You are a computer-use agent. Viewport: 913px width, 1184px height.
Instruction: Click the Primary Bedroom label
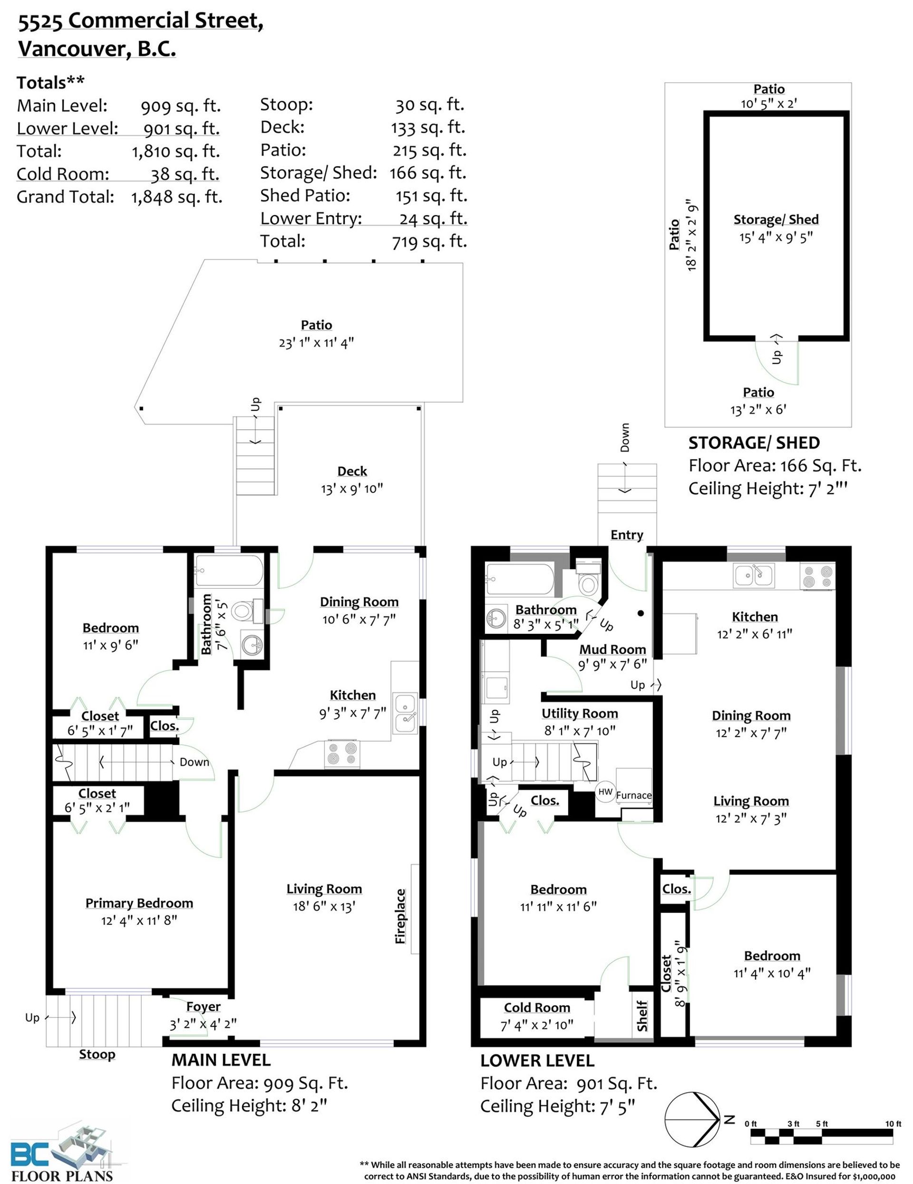pyautogui.click(x=139, y=903)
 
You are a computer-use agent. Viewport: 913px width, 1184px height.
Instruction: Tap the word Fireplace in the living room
pyautogui.click(x=400, y=916)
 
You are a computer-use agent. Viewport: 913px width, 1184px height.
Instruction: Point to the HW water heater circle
pyautogui.click(x=605, y=791)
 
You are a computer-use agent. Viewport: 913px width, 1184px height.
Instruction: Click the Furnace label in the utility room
pyautogui.click(x=633, y=795)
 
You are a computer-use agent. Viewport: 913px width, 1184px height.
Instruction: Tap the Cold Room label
pyautogui.click(x=537, y=1007)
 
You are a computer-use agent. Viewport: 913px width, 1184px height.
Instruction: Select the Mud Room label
pyautogui.click(x=612, y=649)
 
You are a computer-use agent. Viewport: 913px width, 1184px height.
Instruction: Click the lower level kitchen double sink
pyautogui.click(x=754, y=575)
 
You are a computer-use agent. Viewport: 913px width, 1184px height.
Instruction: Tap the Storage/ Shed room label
pyautogui.click(x=776, y=219)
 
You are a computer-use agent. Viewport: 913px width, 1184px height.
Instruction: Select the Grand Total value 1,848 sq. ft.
pyautogui.click(x=176, y=197)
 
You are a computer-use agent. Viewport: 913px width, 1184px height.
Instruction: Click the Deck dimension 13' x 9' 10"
pyautogui.click(x=352, y=488)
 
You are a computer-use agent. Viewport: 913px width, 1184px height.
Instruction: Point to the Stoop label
pyautogui.click(x=97, y=1055)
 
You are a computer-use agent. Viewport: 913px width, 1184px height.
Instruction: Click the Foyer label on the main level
pyautogui.click(x=203, y=1006)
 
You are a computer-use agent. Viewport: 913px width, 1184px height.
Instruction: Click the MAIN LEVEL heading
pyautogui.click(x=221, y=1060)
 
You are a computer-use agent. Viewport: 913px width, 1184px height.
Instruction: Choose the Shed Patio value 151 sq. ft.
pyautogui.click(x=431, y=196)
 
